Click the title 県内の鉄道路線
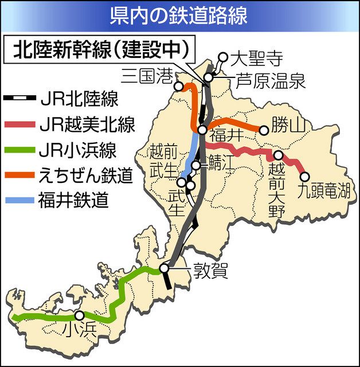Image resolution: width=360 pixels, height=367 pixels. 179,15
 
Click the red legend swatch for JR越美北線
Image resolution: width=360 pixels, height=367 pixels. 20,125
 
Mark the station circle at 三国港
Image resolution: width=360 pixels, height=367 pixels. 179,86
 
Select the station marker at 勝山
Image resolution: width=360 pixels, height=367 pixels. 264,130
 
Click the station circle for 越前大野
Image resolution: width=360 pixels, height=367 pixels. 278,155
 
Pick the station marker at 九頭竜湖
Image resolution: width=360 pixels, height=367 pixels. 304,177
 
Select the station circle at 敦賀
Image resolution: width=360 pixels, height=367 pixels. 165,267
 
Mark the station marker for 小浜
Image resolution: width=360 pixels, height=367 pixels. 79,315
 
